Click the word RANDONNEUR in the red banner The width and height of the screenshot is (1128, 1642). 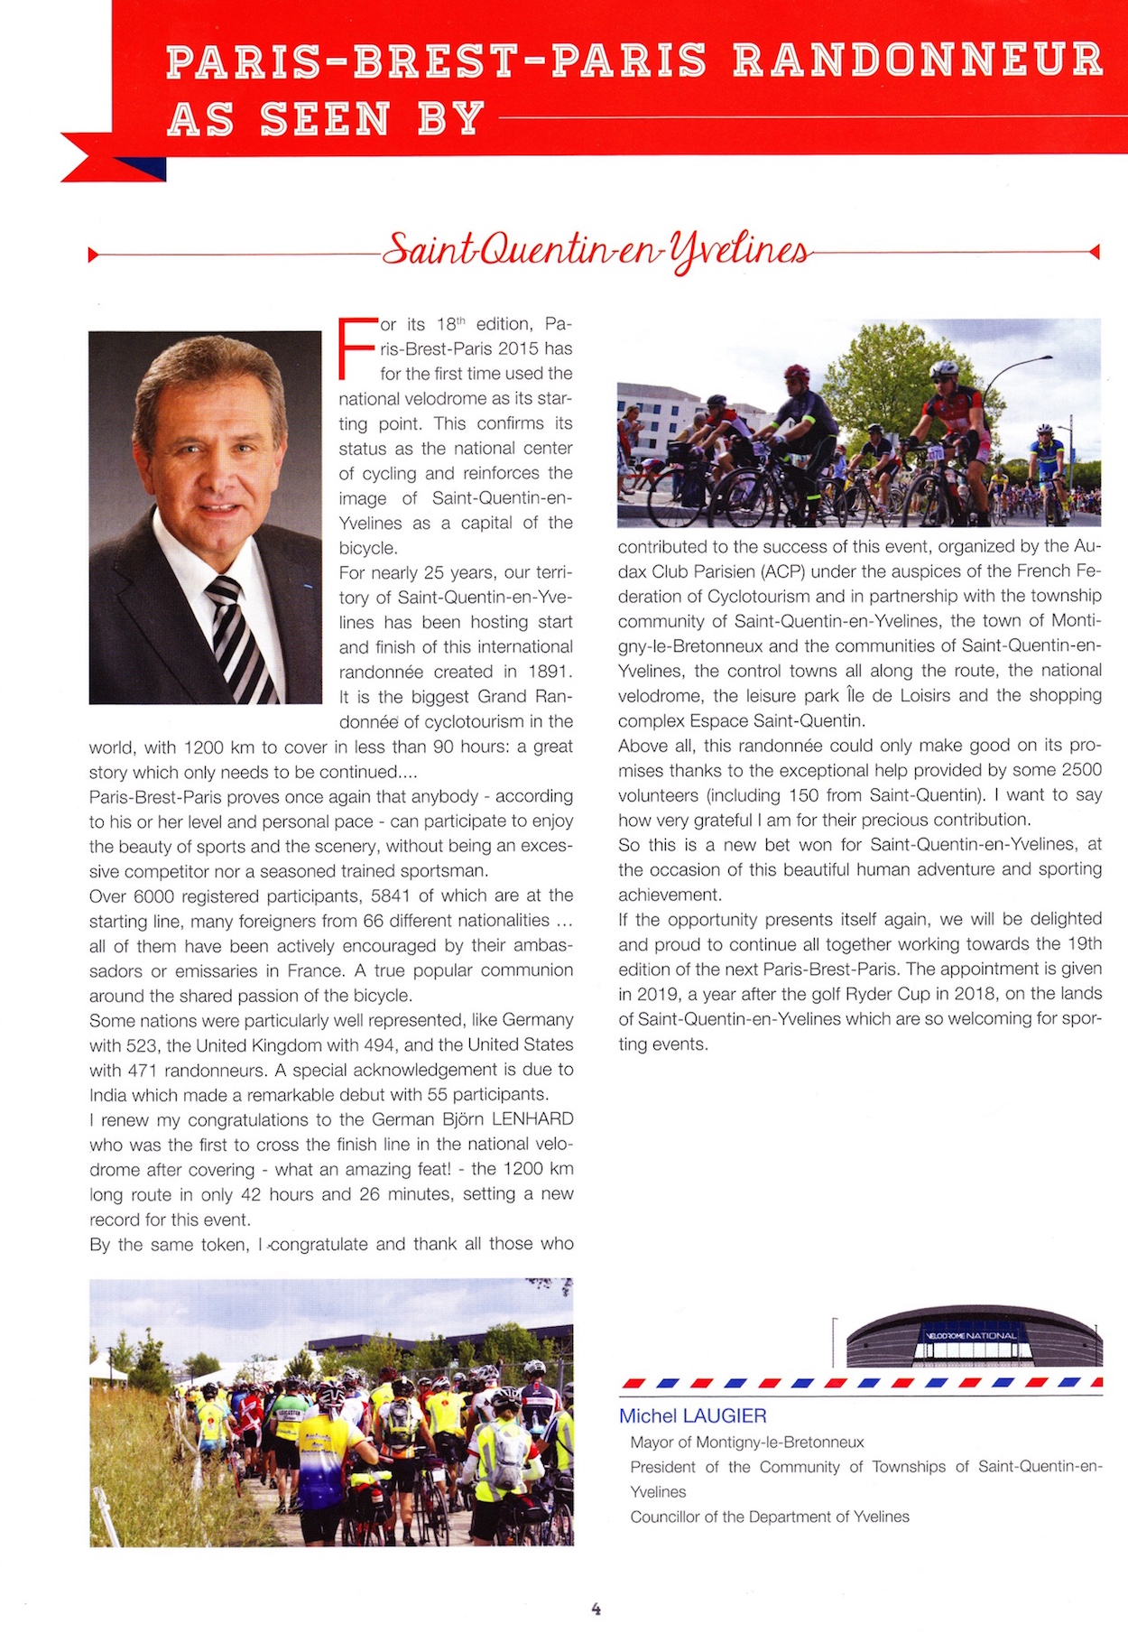(x=918, y=60)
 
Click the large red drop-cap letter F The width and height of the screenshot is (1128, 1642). (x=354, y=348)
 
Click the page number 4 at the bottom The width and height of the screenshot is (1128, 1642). (x=596, y=1608)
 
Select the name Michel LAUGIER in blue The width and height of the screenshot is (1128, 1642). (x=692, y=1415)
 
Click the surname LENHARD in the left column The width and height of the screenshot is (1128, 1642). (x=532, y=1119)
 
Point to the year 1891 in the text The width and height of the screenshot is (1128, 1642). (x=547, y=672)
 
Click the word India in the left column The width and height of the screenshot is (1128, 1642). (x=108, y=1095)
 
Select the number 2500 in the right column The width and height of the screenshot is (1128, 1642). (x=1081, y=770)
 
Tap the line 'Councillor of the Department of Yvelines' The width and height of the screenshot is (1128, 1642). (x=769, y=1517)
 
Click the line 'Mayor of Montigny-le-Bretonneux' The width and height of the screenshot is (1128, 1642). (x=746, y=1442)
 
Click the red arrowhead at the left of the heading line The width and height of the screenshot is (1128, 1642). (x=92, y=255)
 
